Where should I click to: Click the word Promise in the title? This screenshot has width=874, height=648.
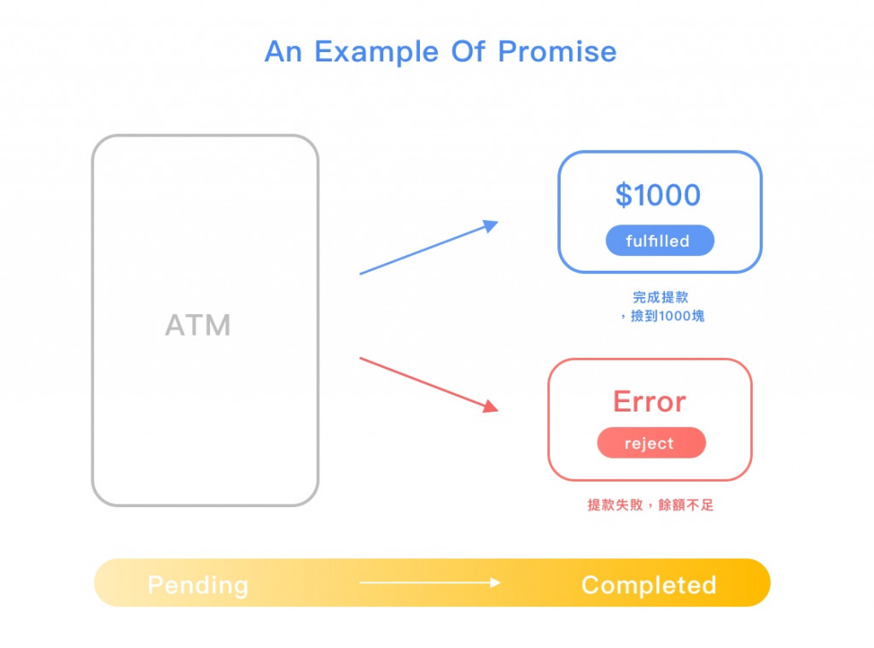(557, 52)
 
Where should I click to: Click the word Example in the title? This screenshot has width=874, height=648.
(378, 52)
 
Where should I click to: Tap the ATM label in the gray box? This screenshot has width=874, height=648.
(198, 325)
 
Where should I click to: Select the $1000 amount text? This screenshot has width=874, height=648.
(658, 196)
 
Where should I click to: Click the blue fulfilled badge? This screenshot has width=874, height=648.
(659, 241)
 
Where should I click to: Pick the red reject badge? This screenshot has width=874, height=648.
(650, 443)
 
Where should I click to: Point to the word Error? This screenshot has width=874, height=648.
(650, 402)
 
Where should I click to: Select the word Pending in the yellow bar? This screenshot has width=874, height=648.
(198, 585)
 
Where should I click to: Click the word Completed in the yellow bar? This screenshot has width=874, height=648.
(649, 585)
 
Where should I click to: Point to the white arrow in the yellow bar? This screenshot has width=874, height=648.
(429, 583)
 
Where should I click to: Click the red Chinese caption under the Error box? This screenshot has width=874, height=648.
(650, 505)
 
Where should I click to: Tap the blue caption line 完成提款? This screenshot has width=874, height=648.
(660, 297)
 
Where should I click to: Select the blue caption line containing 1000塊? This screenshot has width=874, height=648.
(662, 316)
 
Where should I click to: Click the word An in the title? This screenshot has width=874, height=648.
(284, 52)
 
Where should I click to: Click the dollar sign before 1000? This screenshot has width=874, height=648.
(624, 196)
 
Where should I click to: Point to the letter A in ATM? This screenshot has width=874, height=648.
(174, 325)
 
